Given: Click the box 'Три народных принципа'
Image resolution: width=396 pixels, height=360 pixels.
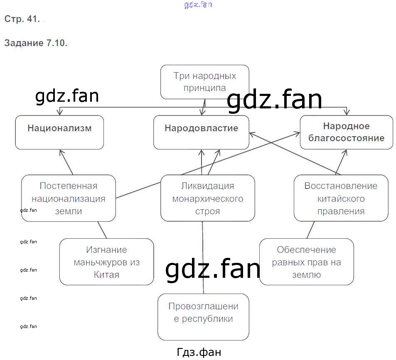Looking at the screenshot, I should click(x=204, y=82).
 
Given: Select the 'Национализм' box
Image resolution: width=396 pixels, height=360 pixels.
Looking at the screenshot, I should click(x=59, y=132).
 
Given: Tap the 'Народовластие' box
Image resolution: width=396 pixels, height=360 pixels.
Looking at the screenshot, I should click(x=201, y=132).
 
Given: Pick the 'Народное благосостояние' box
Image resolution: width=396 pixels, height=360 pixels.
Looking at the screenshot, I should click(x=346, y=132).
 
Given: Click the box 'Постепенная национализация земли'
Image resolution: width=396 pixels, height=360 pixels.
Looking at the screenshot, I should click(x=69, y=198).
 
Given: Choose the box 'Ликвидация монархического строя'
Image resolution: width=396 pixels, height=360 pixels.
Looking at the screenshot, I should click(x=207, y=198).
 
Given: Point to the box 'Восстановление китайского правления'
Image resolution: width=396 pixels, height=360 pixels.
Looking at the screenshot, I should click(x=341, y=198).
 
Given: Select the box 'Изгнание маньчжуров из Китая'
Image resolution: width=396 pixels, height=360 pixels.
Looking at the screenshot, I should click(x=106, y=262).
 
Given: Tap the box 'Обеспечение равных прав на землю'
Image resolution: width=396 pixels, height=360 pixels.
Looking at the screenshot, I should click(x=306, y=262).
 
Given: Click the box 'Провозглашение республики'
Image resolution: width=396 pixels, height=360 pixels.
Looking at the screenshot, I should click(x=203, y=317).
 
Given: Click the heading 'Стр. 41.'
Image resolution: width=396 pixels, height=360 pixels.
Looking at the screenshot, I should click(x=22, y=19).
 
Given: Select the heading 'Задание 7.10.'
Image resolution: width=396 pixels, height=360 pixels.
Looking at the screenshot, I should click(x=35, y=43).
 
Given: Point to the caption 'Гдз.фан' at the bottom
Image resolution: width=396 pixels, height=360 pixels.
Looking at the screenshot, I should click(x=199, y=352).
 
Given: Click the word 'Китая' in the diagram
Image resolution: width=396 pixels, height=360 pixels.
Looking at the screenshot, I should click(x=106, y=274).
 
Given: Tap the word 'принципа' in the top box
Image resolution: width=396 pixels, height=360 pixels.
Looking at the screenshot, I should click(x=205, y=88).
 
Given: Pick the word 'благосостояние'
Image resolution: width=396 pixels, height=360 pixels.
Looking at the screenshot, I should click(x=346, y=138).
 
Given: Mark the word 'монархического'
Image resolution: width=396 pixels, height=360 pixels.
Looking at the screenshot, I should click(x=207, y=198).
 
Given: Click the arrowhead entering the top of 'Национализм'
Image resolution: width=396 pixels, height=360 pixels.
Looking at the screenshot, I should click(x=60, y=112).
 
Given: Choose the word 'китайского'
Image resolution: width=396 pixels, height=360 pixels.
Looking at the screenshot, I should click(x=341, y=198).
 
